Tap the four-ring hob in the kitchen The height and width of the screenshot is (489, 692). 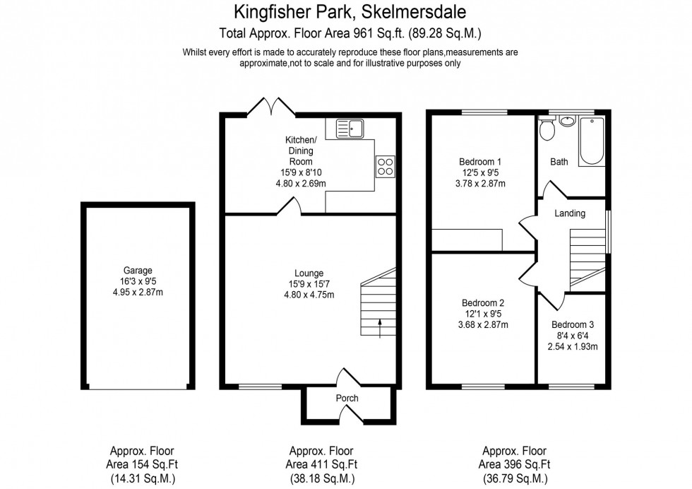point(386,166)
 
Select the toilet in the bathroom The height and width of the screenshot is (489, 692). point(546,129)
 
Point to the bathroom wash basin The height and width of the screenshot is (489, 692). point(566,120)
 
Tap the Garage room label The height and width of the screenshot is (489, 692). point(138,270)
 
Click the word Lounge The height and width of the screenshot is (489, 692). point(309,273)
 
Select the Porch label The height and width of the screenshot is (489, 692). point(347,398)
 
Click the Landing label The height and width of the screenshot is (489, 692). point(570,213)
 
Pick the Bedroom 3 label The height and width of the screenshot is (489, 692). point(574,324)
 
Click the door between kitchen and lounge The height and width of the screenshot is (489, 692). point(291,206)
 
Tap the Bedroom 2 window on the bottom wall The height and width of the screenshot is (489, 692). point(483,387)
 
